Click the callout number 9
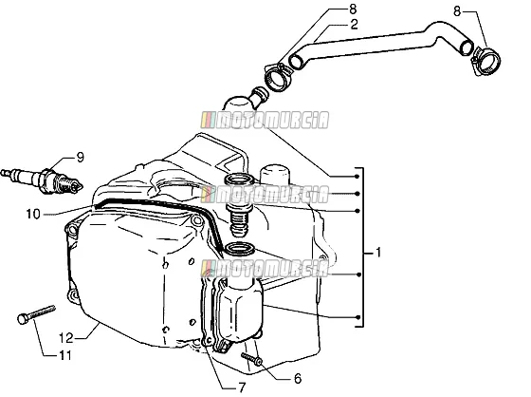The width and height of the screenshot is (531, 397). tap(80, 158)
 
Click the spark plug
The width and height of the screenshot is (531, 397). tap(42, 180)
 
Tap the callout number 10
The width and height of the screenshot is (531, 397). tap(33, 214)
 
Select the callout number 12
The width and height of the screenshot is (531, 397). tap(65, 337)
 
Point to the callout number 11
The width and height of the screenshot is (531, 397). tap(65, 355)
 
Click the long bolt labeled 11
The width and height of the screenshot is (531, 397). tap(36, 314)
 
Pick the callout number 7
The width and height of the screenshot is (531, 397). tap(242, 388)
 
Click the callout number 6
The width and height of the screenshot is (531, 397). tap(298, 379)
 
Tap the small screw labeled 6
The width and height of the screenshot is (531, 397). tap(251, 359)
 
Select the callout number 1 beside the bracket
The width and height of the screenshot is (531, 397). tap(378, 253)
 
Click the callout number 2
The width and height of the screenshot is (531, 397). tap(354, 25)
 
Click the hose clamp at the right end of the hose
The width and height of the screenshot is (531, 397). tap(485, 62)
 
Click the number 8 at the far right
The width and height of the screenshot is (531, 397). tap(457, 11)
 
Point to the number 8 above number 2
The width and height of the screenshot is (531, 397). tap(353, 9)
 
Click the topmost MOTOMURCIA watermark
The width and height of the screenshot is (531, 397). tap(265, 120)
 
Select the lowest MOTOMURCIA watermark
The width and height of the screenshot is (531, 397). tap(265, 269)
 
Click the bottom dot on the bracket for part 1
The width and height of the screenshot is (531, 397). tap(358, 317)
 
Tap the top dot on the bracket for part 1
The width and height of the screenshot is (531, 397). tap(357, 176)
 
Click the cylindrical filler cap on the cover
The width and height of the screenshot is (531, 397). tap(275, 175)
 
